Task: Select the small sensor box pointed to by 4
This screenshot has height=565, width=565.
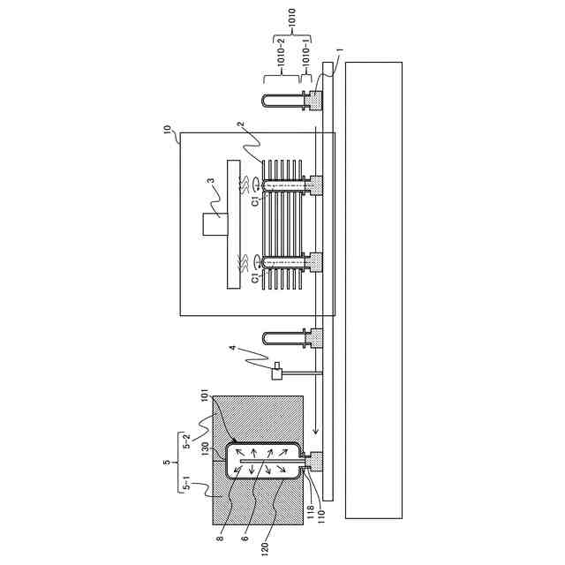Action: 276,373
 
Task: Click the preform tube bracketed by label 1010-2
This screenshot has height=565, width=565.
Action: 273,98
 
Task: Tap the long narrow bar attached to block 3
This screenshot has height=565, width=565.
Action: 233,224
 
